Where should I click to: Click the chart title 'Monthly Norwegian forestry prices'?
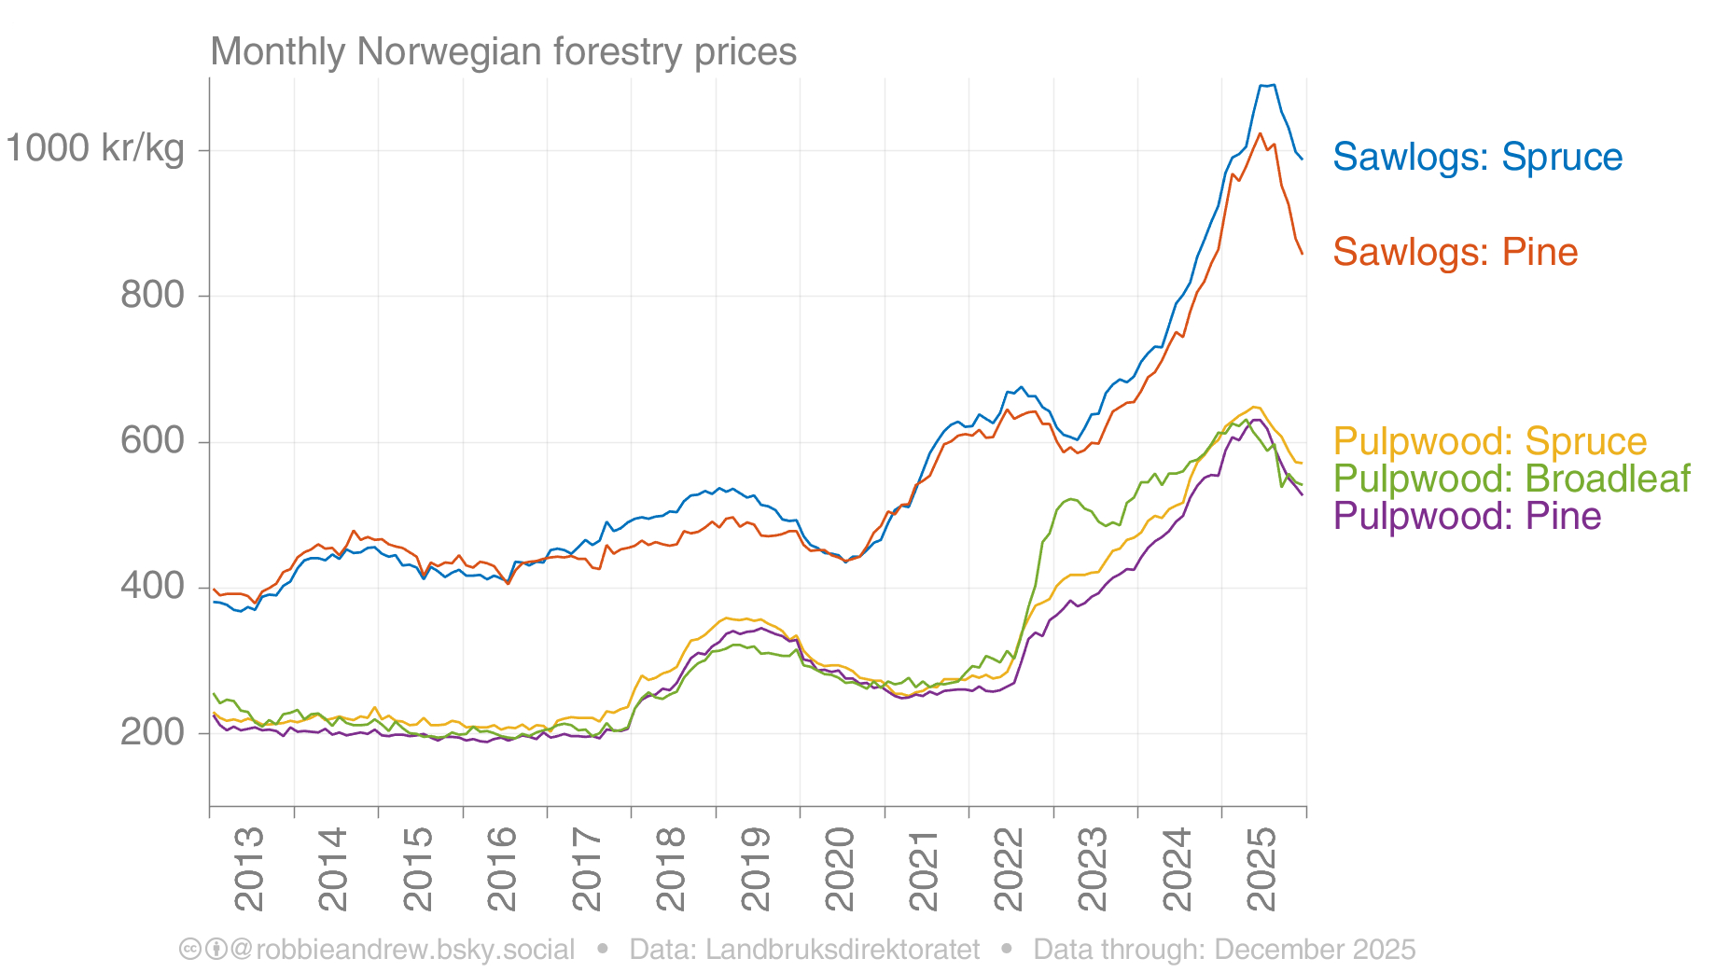point(503,52)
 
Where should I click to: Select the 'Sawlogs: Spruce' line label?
point(1477,158)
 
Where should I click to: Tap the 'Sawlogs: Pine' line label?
point(1455,253)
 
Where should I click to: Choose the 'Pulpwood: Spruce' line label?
point(1489,441)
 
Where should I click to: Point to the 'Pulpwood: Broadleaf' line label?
point(1511,479)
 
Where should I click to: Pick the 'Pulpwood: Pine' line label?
point(1467,516)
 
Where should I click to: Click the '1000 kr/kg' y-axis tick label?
point(95,148)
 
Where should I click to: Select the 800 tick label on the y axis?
point(152,295)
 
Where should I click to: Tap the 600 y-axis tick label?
point(152,440)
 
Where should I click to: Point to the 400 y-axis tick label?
point(152,586)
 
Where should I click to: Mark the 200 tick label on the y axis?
point(152,732)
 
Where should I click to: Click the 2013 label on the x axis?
point(249,868)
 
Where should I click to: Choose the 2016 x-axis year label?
point(502,868)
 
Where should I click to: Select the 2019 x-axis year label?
point(755,868)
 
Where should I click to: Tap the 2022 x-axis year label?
point(1009,868)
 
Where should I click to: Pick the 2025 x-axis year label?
point(1261,868)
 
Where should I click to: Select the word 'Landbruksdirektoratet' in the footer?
point(842,950)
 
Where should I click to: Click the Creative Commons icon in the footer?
point(189,950)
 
